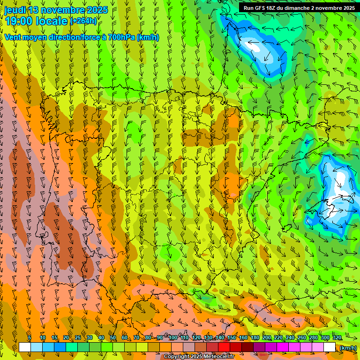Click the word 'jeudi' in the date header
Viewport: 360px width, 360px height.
15,10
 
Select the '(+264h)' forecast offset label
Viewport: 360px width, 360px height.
83,21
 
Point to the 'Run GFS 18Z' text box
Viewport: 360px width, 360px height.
299,8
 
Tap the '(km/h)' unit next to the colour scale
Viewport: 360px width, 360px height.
348,348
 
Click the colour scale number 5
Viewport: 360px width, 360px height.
30,338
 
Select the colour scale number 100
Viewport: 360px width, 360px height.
172,338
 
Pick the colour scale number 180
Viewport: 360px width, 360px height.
255,338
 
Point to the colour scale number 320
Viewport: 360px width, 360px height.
337,338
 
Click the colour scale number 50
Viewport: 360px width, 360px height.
113,338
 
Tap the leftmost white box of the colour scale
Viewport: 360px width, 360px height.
25,347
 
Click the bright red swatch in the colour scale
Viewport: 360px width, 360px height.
224,347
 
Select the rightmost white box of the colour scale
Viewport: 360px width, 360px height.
330,347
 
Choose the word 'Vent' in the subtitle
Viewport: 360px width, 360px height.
13,37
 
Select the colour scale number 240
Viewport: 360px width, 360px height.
290,338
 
